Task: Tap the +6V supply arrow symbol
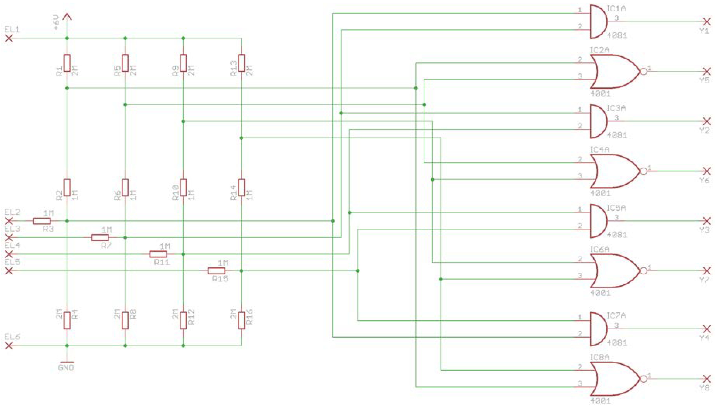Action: tap(67, 17)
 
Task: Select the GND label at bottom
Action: tap(66, 367)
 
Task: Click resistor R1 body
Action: tap(67, 63)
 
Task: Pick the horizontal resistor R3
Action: tap(42, 221)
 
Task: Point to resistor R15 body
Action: tap(216, 271)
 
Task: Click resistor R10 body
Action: tap(183, 187)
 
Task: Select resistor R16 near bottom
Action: tap(241, 320)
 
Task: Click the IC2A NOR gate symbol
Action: tap(614, 72)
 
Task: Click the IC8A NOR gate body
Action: tap(614, 379)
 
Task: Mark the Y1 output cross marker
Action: tap(706, 22)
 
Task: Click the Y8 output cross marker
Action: tap(706, 379)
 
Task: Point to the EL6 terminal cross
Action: tap(9, 346)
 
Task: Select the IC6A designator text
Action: tap(599, 249)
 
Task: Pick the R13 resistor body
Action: tap(241, 63)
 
